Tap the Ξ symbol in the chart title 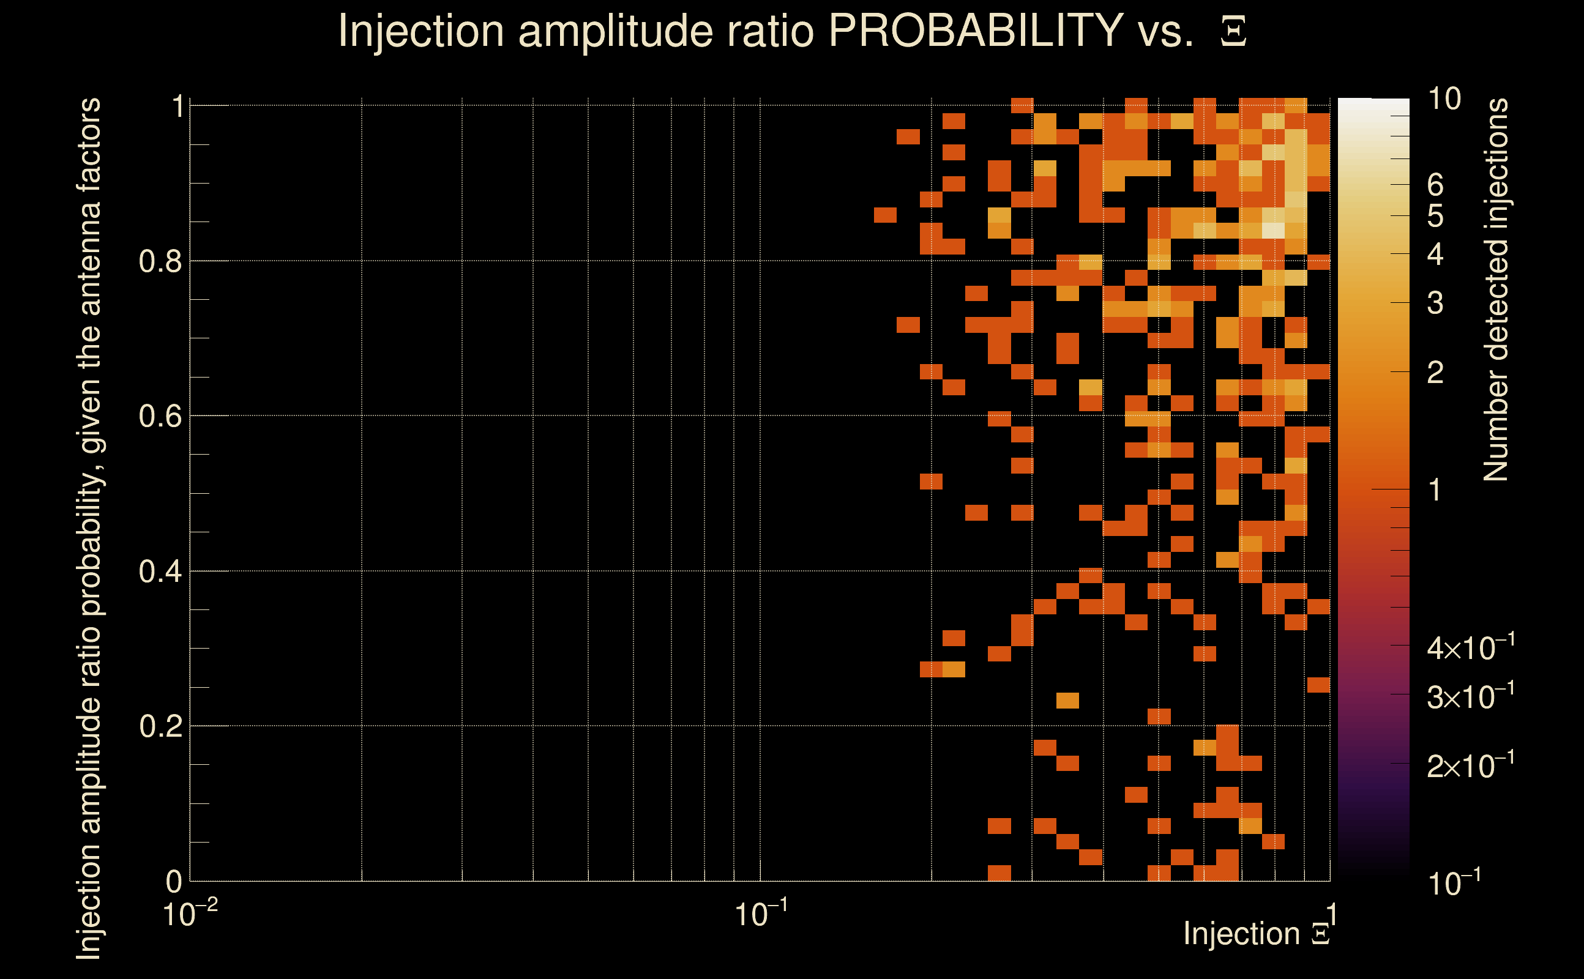[1233, 32]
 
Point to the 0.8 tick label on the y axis [160, 262]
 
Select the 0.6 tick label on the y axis [160, 416]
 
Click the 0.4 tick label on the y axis [160, 571]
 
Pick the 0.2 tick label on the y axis [160, 726]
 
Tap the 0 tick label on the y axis [174, 881]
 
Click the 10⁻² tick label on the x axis [189, 914]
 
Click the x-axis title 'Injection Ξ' [1257, 934]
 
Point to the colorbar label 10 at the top [1443, 99]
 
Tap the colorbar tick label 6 [1435, 185]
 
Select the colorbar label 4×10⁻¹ [1470, 647]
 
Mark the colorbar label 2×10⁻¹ [1470, 766]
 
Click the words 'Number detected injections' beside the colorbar [1496, 289]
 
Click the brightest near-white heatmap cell [1273, 230]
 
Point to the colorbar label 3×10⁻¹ [1470, 697]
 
